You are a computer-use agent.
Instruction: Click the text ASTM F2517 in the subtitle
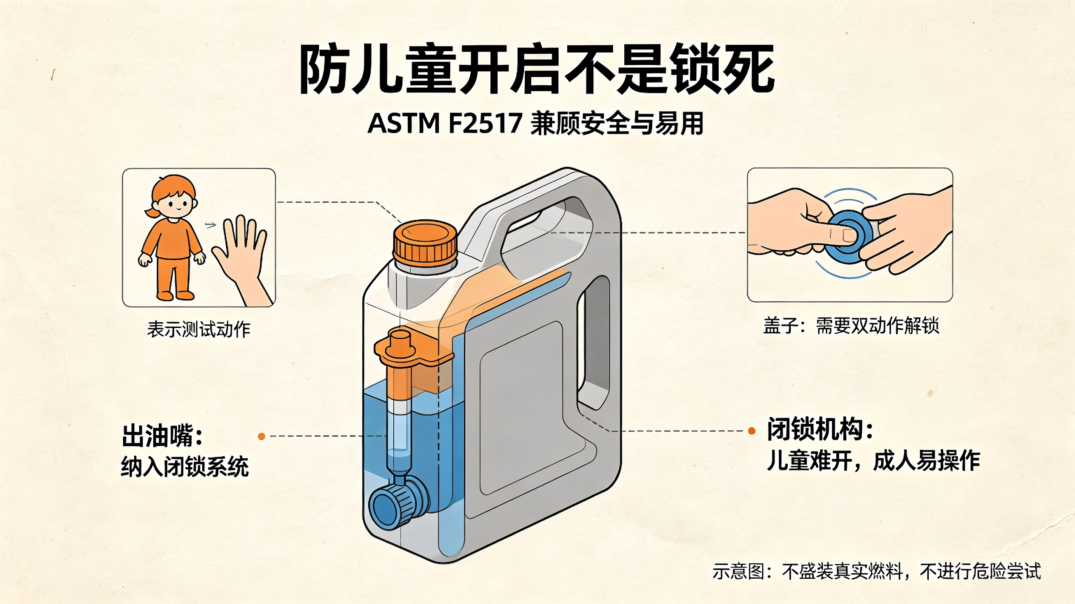[445, 123]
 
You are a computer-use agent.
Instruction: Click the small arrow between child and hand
[210, 225]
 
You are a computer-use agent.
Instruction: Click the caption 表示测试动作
[199, 329]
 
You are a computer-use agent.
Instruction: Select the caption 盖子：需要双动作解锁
[851, 325]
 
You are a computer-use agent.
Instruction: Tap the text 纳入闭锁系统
[185, 467]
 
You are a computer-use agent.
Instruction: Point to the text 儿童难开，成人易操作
[873, 461]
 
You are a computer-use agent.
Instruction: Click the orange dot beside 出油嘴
[262, 436]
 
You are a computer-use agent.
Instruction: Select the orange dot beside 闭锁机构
[752, 431]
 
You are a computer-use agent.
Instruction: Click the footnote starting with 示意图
[877, 572]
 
